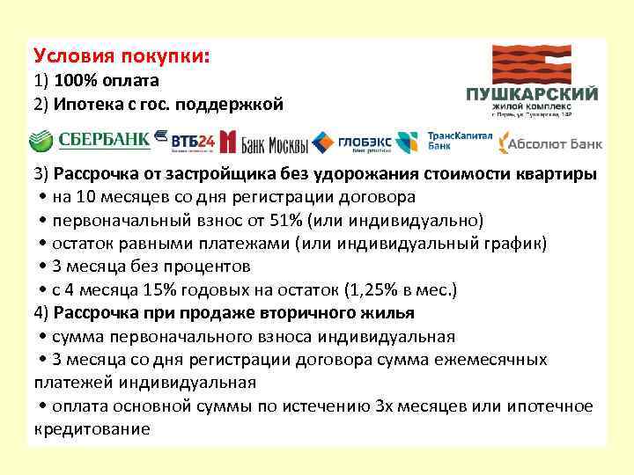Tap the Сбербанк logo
(89, 141)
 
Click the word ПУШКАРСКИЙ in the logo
(532, 93)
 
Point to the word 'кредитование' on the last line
(92, 428)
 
